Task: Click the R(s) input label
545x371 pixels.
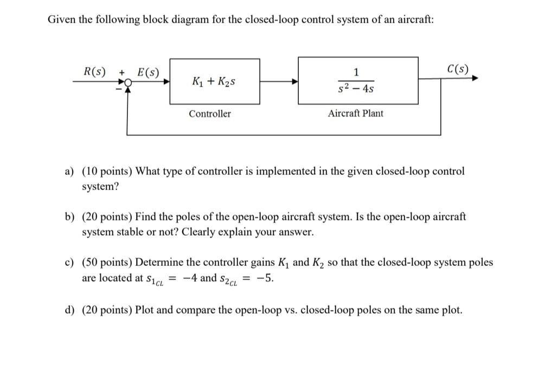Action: click(95, 71)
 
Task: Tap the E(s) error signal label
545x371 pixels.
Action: click(148, 71)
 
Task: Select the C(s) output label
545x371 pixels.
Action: click(458, 69)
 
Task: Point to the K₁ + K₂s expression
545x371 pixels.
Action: click(214, 82)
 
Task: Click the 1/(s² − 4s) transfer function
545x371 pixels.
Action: click(356, 81)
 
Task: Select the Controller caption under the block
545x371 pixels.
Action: click(209, 114)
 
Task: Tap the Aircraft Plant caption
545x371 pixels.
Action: click(355, 113)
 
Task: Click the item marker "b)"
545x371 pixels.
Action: click(70, 217)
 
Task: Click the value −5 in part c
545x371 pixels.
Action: click(266, 278)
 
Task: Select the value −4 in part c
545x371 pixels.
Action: click(190, 278)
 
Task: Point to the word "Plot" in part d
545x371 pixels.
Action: click(145, 310)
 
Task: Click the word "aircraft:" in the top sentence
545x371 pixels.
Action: click(416, 20)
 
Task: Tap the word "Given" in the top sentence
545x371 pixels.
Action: click(61, 20)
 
